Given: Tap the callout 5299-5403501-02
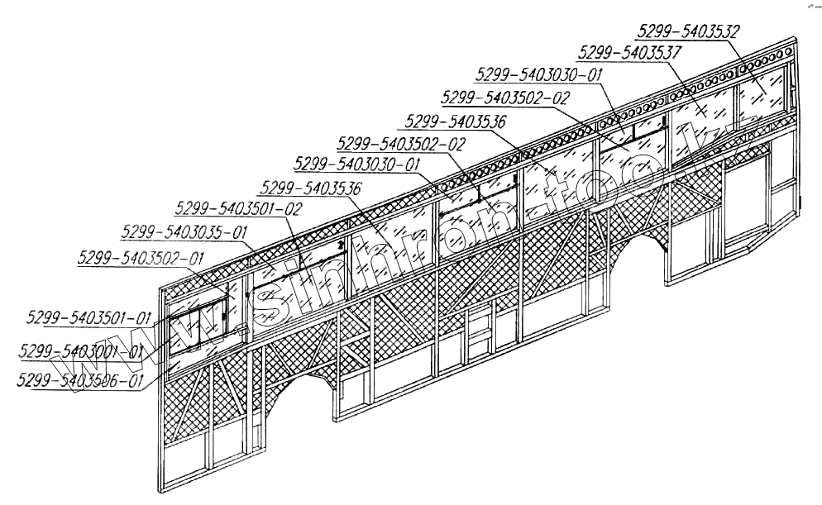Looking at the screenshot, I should pyautogui.click(x=241, y=208).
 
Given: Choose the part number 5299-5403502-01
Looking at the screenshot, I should pyautogui.click(x=141, y=258).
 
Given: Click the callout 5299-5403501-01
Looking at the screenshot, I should pyautogui.click(x=88, y=317).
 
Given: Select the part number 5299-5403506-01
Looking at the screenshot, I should pyautogui.click(x=80, y=380).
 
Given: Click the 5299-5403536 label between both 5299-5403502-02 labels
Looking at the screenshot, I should pyautogui.click(x=454, y=122).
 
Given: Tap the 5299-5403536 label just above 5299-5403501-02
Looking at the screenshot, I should pyautogui.click(x=310, y=188).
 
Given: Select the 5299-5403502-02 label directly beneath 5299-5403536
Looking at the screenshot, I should pyautogui.click(x=402, y=143).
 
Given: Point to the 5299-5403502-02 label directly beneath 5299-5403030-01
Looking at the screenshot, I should pyautogui.click(x=506, y=98).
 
